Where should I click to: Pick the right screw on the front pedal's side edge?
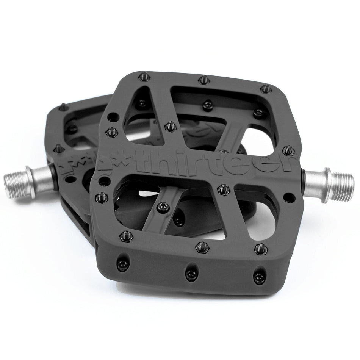pyautogui.click(x=259, y=273)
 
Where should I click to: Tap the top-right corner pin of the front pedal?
pyautogui.click(x=266, y=89)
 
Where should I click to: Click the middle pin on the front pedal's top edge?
pyautogui.click(x=204, y=80)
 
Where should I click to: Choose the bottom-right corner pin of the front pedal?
pyautogui.click(x=260, y=249)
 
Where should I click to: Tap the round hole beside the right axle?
pyautogui.click(x=291, y=196)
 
